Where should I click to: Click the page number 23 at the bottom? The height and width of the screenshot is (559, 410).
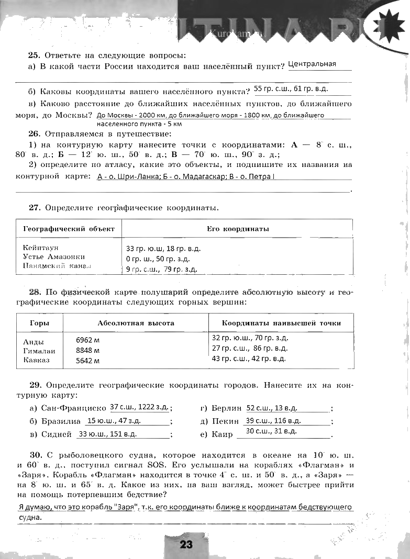click(x=186, y=544)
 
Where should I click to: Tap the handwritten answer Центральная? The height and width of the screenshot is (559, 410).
click(x=312, y=64)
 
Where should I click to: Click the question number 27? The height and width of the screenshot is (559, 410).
click(x=35, y=208)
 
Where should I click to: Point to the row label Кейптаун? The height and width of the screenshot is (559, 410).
click(x=41, y=247)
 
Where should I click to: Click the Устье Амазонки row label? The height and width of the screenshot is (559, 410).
click(x=54, y=256)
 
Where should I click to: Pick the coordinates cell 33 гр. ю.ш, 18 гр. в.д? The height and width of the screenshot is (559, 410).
click(x=163, y=249)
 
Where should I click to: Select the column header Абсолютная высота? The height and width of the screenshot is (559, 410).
click(x=136, y=323)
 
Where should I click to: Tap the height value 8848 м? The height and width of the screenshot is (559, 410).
click(x=88, y=350)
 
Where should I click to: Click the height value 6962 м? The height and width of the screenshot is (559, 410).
click(x=88, y=339)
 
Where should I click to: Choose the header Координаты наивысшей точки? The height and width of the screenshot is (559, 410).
click(x=281, y=323)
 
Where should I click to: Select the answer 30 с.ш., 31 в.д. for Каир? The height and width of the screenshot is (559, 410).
click(x=271, y=431)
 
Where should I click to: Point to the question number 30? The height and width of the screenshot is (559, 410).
click(x=35, y=455)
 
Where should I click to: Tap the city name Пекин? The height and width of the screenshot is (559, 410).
click(x=226, y=421)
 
